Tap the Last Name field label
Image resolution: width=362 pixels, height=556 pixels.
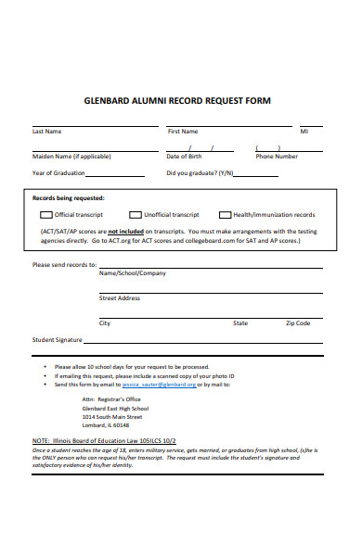[47, 132]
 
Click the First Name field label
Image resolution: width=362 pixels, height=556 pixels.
[183, 132]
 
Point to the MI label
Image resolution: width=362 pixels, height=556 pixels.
[304, 132]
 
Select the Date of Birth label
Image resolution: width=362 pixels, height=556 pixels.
[184, 157]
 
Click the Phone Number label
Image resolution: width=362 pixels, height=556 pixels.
[277, 157]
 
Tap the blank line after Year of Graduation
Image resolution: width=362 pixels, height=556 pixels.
[115, 174]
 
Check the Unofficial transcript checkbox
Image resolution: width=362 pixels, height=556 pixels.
[136, 215]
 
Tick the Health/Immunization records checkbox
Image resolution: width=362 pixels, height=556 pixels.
[225, 215]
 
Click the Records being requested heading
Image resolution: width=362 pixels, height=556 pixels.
[69, 197]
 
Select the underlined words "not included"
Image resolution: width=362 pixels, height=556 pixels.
[126, 231]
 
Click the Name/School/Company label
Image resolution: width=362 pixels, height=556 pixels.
[133, 273]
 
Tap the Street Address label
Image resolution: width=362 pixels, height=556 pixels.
[120, 298]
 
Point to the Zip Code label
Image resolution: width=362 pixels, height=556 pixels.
[298, 323]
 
